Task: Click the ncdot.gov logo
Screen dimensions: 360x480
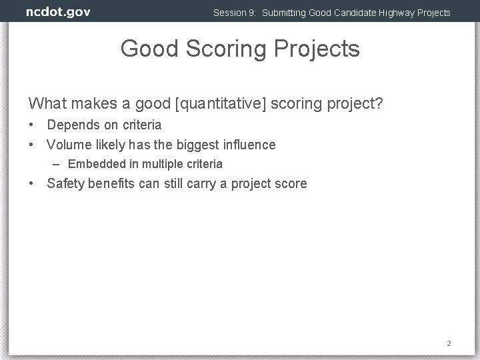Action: [x=58, y=12]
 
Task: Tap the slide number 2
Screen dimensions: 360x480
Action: [x=449, y=343]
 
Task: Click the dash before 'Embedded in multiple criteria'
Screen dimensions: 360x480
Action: [x=58, y=164]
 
